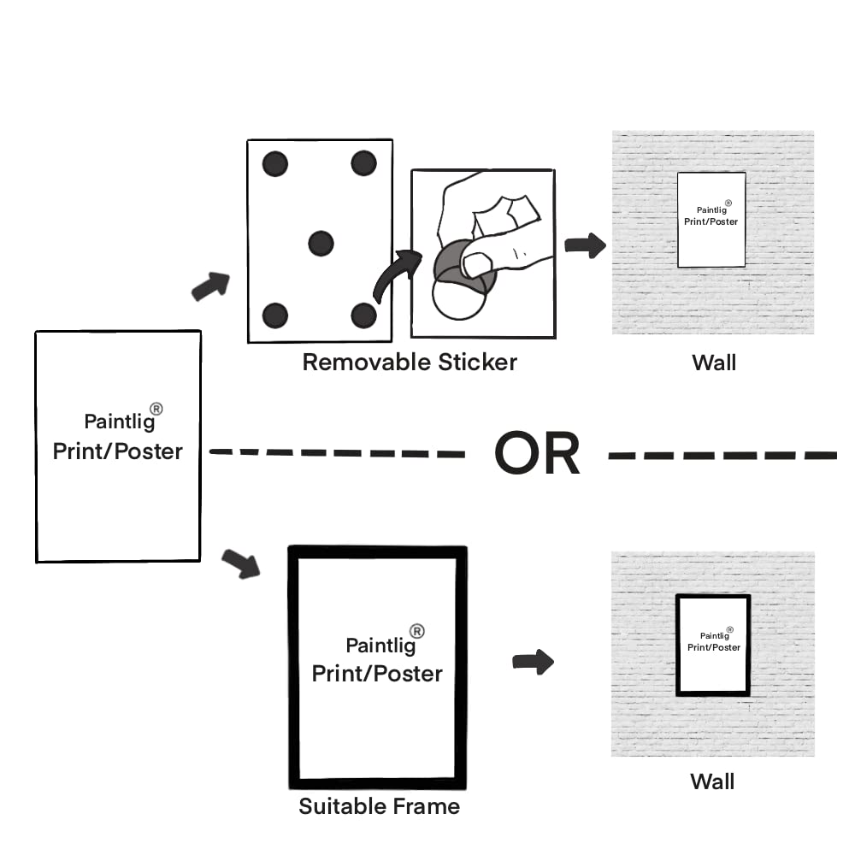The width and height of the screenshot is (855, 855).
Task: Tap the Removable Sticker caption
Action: [x=410, y=362]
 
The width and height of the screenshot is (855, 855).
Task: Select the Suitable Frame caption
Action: [x=379, y=805]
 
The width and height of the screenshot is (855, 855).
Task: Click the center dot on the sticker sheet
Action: [x=321, y=243]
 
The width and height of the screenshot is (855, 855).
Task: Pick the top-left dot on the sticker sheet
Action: [x=274, y=163]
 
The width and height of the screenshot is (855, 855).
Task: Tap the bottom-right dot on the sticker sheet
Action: [x=363, y=315]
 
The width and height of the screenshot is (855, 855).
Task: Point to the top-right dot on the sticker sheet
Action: [x=363, y=162]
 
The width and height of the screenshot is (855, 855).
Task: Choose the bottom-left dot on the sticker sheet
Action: [x=274, y=315]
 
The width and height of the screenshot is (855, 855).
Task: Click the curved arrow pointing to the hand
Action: [x=397, y=274]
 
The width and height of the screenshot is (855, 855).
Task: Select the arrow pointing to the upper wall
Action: [x=585, y=246]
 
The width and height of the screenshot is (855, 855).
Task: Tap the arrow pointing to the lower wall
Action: [x=533, y=662]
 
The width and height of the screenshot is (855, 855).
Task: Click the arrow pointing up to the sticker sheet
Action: [x=210, y=286]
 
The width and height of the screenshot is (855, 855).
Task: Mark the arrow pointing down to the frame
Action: [x=240, y=564]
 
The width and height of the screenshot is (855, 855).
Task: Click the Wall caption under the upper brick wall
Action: [x=713, y=363]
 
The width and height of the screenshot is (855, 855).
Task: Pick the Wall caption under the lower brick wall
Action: [x=712, y=781]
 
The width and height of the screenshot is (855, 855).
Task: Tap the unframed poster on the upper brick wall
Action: [x=711, y=220]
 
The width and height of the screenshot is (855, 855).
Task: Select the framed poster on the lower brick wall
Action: [x=713, y=645]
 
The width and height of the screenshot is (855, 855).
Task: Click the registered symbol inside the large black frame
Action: [x=417, y=631]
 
